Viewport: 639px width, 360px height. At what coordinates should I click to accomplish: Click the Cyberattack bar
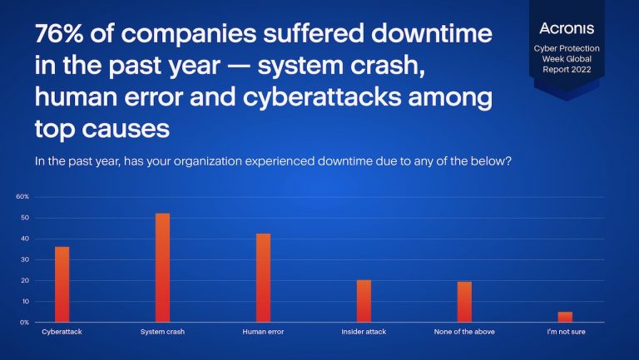62,284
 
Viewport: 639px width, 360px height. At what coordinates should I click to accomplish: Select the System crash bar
162,268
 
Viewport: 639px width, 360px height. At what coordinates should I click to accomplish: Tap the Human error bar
263,278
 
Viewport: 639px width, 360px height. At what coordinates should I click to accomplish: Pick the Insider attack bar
364,301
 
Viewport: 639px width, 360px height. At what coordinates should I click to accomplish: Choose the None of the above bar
464,302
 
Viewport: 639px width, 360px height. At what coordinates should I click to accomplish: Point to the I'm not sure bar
565,317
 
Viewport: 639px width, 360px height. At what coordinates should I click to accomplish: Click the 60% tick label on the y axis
22,197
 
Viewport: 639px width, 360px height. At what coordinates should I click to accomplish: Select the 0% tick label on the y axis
24,322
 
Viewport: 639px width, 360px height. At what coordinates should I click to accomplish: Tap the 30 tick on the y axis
25,259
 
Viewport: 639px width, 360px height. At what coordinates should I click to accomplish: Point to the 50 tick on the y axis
25,218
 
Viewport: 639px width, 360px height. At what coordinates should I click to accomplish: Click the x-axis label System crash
162,332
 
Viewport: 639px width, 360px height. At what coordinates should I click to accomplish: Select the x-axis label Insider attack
364,332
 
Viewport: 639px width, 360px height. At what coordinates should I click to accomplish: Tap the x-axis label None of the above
464,332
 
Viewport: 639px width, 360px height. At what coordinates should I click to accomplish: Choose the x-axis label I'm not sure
566,332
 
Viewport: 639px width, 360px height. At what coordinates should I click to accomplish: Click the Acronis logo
567,28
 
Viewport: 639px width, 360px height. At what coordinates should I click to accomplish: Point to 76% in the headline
59,33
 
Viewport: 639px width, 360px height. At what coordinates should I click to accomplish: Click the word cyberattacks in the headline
322,97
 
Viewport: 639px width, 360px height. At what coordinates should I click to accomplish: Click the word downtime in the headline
432,33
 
